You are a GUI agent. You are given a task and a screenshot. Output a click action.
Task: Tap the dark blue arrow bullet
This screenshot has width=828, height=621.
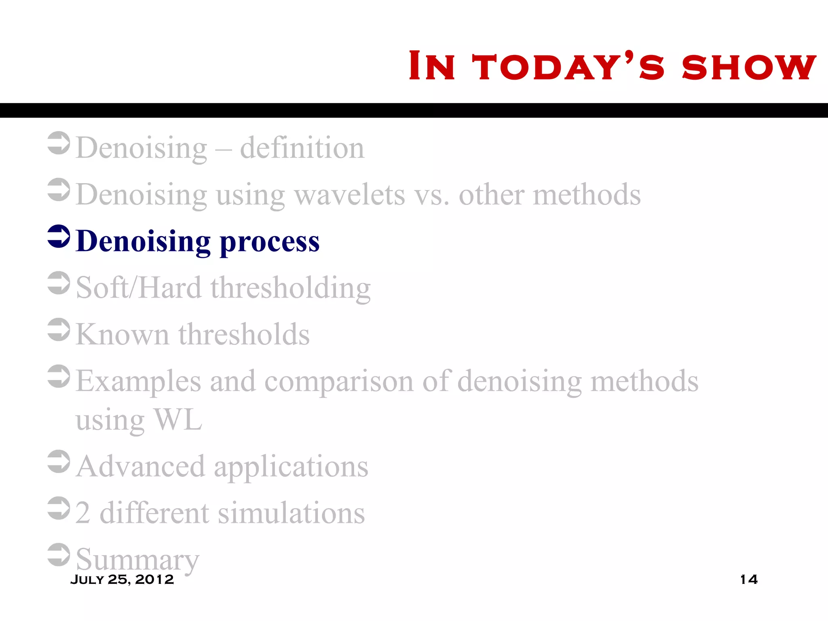point(59,237)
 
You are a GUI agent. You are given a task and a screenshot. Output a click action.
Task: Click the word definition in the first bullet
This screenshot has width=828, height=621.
point(302,148)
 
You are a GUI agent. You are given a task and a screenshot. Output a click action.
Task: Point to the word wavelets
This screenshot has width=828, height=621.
point(349,195)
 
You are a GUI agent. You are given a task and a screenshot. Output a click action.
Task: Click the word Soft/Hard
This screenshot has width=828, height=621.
point(139,288)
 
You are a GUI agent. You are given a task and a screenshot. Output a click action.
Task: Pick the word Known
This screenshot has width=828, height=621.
point(122,335)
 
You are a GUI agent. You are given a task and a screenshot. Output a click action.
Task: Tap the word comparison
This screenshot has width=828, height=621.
point(339,381)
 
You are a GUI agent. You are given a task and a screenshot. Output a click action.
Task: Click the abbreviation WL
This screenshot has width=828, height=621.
point(178,420)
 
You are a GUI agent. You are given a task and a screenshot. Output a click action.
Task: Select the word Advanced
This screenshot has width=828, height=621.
point(140,467)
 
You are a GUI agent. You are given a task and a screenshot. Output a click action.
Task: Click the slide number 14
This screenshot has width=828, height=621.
point(748,579)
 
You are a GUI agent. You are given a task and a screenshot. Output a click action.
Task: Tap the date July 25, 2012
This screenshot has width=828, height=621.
point(122,579)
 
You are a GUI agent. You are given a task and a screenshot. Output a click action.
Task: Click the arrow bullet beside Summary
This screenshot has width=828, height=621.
point(59,555)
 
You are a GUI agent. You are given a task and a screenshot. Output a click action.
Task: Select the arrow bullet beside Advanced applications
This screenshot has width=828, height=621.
point(59,461)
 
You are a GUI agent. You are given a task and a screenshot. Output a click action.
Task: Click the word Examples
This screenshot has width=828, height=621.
point(138,381)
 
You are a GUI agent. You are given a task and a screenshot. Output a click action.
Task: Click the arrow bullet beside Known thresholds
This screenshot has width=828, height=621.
point(59,330)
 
